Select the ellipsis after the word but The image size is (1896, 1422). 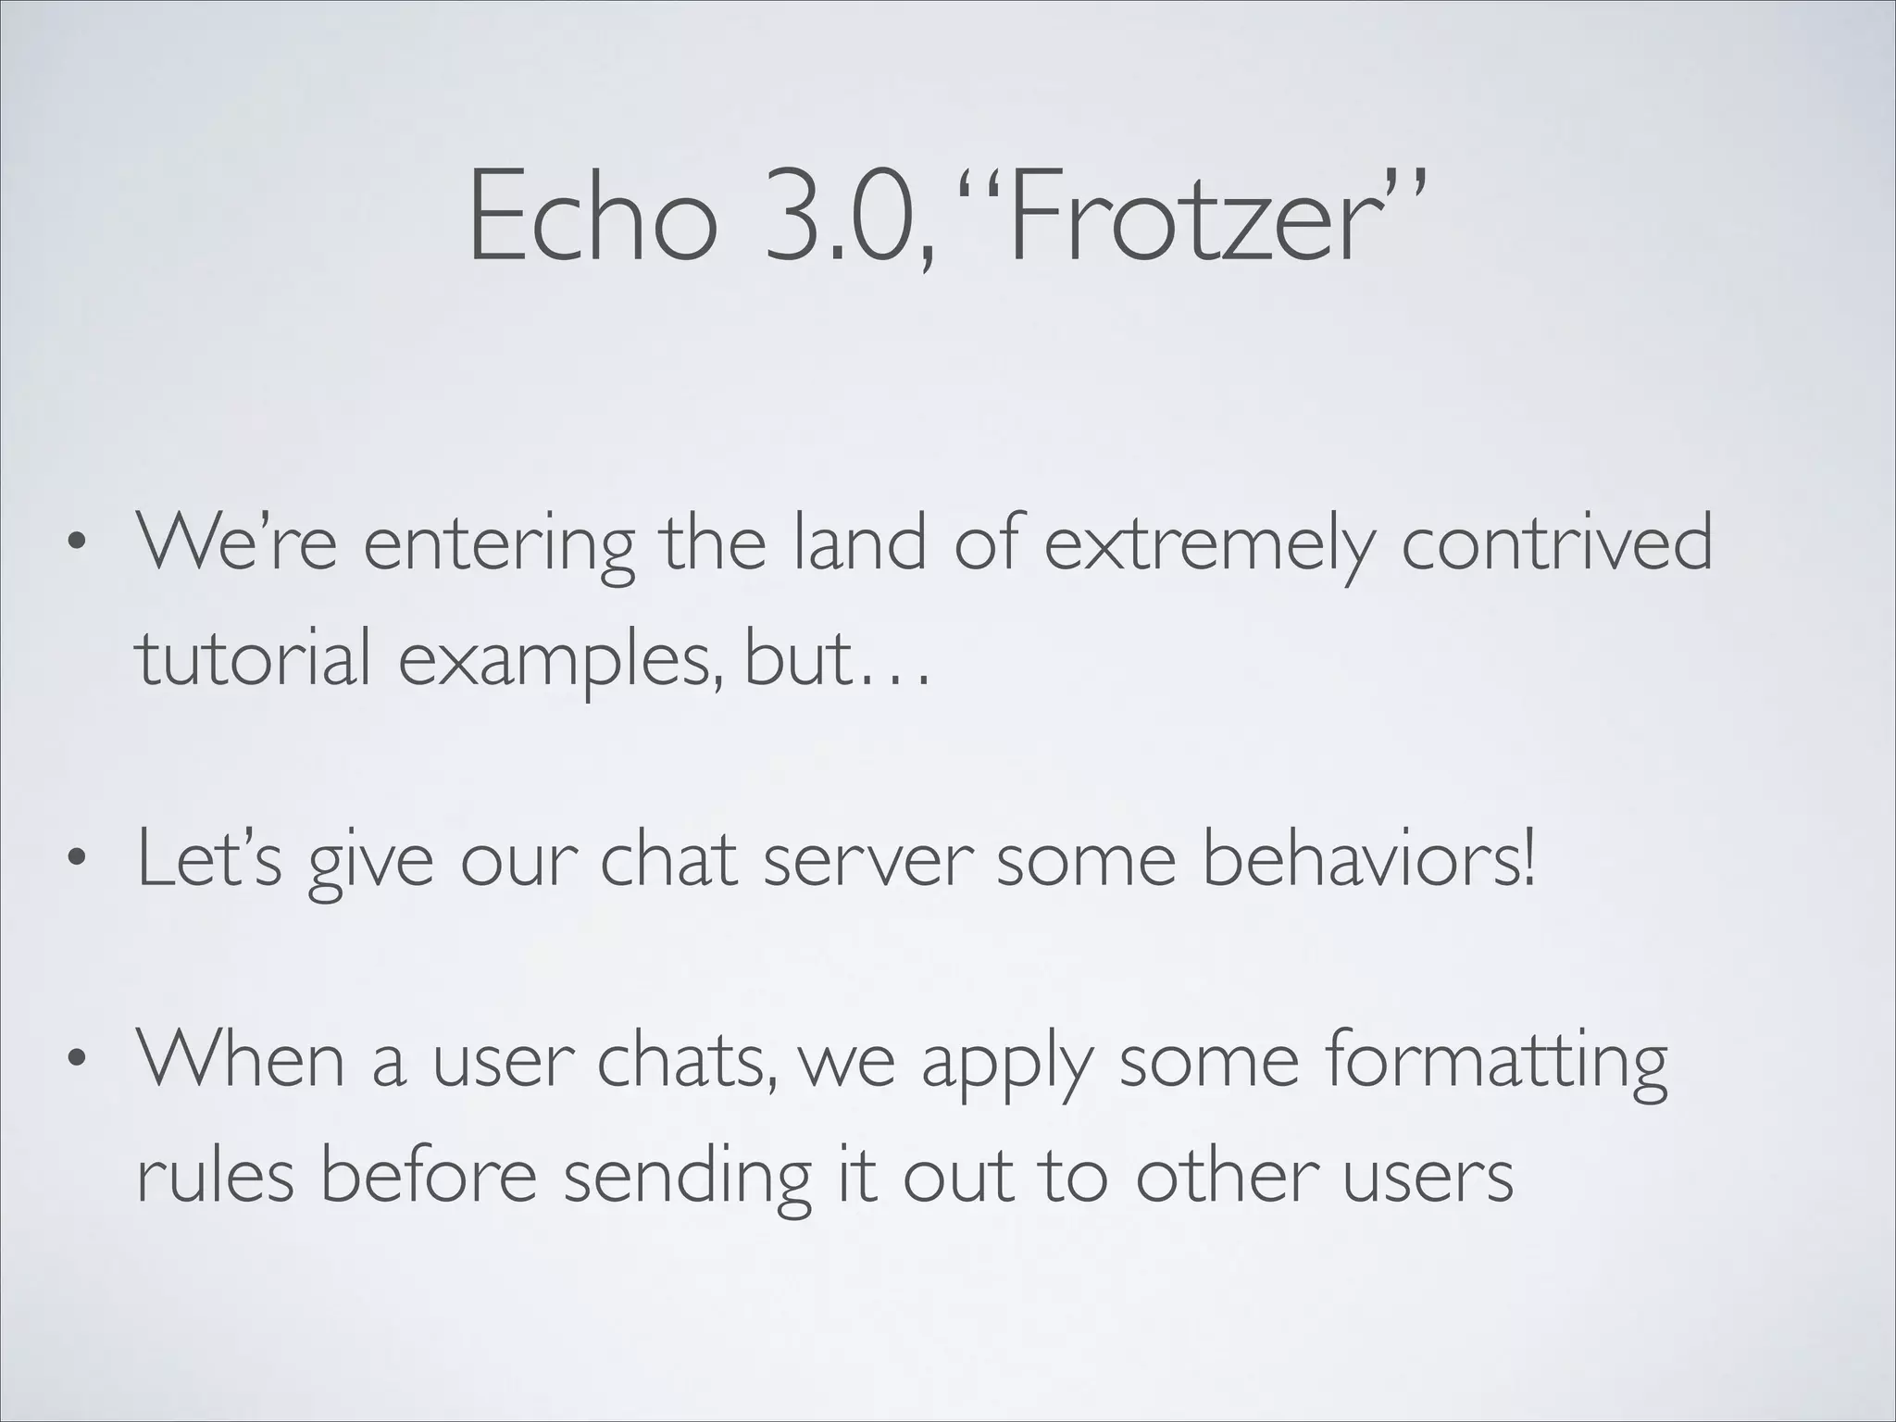click(x=892, y=676)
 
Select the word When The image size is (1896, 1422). click(x=241, y=1059)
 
